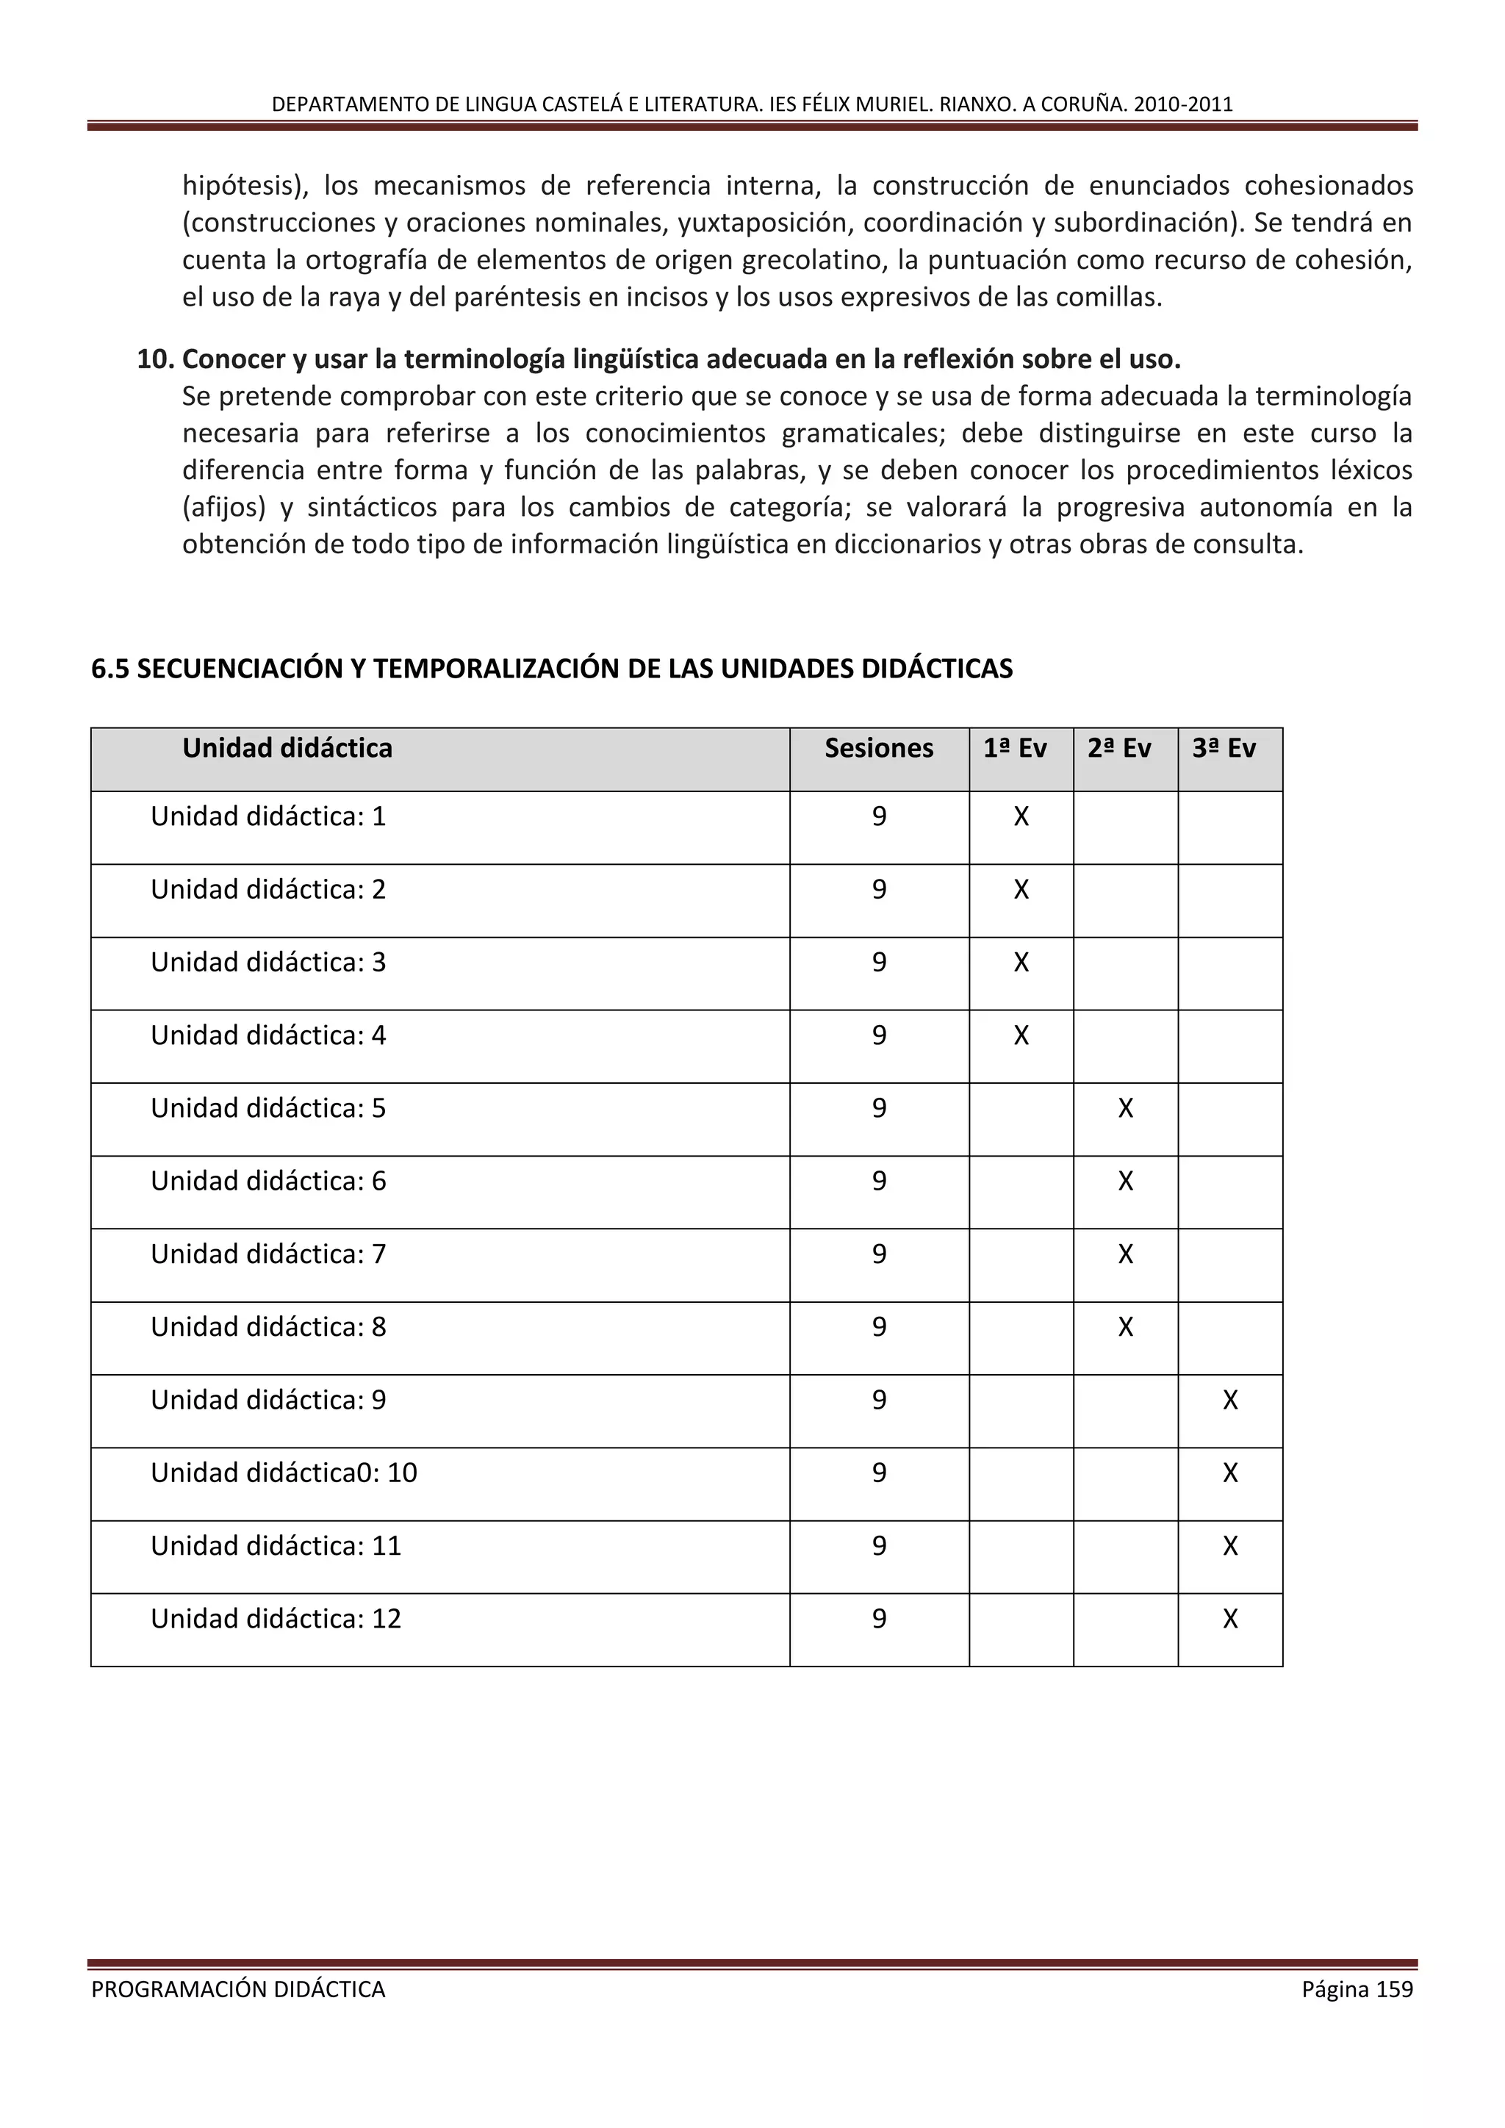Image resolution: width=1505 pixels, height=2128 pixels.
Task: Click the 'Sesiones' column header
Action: tap(879, 748)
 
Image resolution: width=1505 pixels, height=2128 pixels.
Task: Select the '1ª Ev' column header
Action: tap(1015, 748)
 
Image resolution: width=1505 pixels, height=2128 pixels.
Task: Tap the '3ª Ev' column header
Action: tap(1224, 748)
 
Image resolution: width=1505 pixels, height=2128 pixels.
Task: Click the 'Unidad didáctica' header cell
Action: tap(287, 748)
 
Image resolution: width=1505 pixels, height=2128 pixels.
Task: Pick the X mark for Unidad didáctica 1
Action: tap(1021, 816)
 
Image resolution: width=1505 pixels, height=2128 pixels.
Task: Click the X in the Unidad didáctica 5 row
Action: tap(1125, 1109)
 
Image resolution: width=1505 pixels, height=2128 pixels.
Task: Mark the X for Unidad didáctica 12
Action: tap(1229, 1620)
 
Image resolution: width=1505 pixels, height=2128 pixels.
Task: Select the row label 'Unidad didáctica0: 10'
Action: tap(284, 1473)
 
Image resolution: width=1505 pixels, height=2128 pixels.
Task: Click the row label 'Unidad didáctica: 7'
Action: tap(267, 1254)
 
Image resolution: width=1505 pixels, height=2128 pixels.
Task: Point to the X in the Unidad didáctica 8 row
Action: tap(1125, 1327)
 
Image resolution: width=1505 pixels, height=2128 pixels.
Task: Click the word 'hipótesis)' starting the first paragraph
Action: tap(245, 187)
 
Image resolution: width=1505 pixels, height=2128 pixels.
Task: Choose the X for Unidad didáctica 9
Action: tap(1229, 1400)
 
